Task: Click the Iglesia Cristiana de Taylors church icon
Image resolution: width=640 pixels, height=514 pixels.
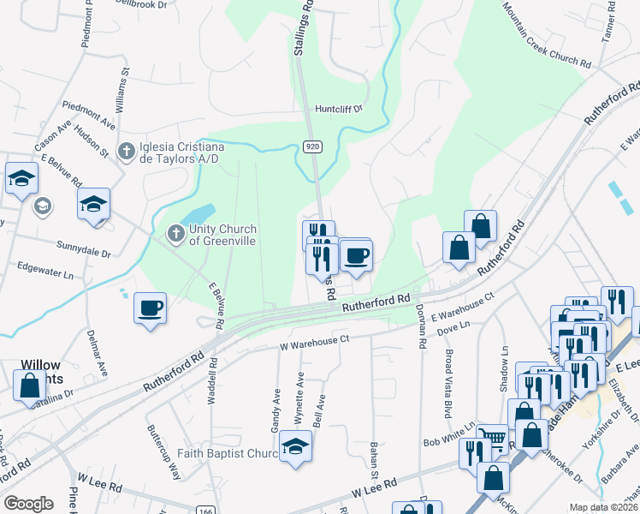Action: tap(127, 152)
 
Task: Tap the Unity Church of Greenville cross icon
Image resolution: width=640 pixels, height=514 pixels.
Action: tap(175, 232)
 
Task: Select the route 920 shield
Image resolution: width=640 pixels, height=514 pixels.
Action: tap(312, 147)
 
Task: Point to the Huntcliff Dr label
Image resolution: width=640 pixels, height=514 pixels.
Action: tap(339, 109)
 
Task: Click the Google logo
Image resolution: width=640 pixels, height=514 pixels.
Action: tap(28, 504)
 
